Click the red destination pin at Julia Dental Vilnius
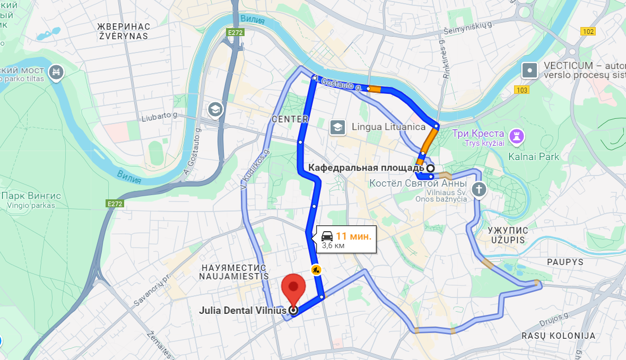(293, 289)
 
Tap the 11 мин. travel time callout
(347, 239)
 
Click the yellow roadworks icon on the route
(316, 270)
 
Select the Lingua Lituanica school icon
(337, 127)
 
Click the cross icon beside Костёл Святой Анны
(479, 189)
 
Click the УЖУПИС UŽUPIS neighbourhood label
(507, 235)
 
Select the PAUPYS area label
(565, 262)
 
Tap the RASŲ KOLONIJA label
(558, 336)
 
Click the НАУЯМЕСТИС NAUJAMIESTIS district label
(234, 271)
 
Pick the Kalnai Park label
(534, 156)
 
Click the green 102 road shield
(588, 31)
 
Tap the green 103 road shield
(521, 90)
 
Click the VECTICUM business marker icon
(529, 70)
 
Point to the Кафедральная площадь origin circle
(431, 168)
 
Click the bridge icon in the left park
(56, 72)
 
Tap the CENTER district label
(290, 119)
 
